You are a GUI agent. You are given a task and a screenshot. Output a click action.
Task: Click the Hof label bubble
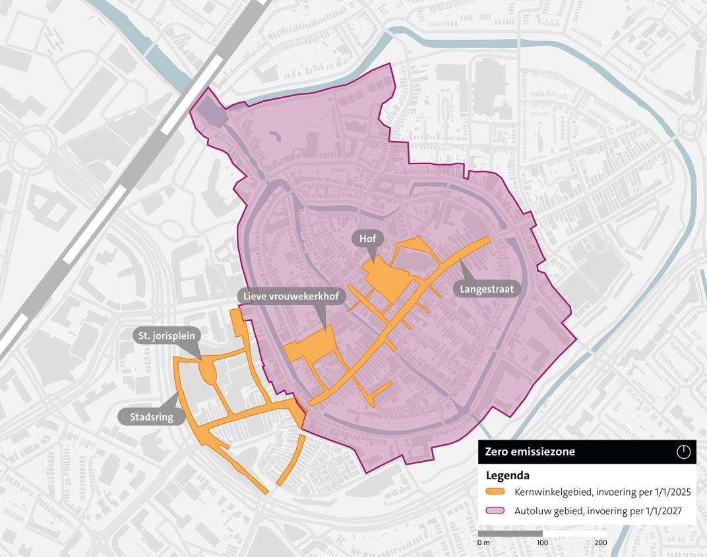click(x=368, y=238)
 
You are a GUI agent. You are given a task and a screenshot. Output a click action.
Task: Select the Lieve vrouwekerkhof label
click(x=291, y=297)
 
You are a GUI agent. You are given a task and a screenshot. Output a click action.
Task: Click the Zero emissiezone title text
click(x=530, y=452)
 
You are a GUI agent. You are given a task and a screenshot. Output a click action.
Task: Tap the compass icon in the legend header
click(x=683, y=452)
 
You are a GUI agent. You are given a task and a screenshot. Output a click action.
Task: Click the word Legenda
click(x=508, y=475)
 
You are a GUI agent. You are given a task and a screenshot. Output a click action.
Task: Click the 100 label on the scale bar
click(x=542, y=542)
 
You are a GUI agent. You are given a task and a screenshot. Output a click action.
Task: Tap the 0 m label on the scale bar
click(x=483, y=542)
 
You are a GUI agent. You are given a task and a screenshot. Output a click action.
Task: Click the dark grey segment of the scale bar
click(x=510, y=533)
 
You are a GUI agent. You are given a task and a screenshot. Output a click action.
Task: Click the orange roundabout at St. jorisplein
click(x=208, y=370)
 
